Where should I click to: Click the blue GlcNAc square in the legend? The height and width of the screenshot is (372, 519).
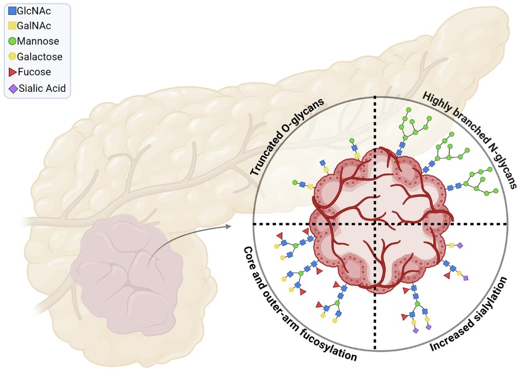coord(12,9)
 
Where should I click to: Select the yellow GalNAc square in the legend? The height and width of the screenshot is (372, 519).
coord(12,25)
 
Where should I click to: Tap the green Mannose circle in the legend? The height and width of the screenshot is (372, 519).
coord(12,41)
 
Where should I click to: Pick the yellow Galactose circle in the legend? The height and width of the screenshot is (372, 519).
coord(12,57)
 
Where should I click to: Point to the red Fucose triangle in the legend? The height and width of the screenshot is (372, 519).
coord(12,72)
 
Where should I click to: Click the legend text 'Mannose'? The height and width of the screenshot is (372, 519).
coord(38,41)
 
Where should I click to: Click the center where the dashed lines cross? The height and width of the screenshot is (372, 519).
coord(375,224)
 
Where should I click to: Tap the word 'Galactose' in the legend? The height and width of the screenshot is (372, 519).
coord(40,57)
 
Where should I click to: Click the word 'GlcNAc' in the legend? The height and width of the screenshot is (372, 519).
coord(36,9)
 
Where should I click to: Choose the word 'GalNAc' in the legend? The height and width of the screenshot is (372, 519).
coord(36,25)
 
